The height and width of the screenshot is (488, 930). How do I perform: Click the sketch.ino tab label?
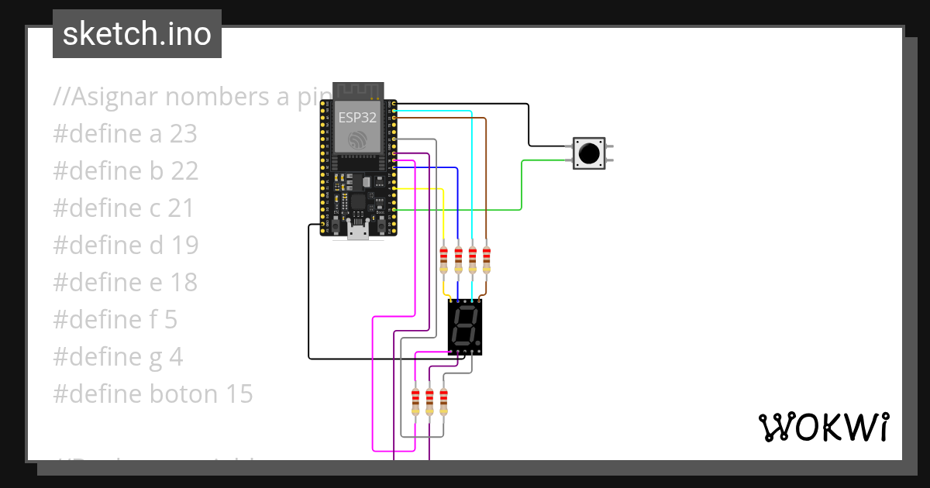click(137, 34)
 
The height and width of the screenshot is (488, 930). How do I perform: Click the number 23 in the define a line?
click(184, 134)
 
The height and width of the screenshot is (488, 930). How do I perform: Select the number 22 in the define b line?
click(184, 171)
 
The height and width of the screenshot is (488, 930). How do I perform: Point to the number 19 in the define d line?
click(184, 246)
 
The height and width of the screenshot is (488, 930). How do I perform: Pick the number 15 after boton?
click(239, 394)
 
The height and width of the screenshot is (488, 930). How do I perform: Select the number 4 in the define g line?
click(176, 357)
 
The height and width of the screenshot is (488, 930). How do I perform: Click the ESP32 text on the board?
click(357, 118)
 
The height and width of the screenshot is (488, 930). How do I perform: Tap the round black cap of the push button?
click(590, 153)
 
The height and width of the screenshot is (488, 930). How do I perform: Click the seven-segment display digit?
click(466, 327)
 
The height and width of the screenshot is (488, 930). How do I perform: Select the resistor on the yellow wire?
click(443, 260)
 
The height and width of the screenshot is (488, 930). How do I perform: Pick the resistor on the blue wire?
click(457, 260)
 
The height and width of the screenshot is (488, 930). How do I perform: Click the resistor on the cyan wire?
click(472, 260)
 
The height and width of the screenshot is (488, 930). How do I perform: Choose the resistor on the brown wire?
click(486, 260)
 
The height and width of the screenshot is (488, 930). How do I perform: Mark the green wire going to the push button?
click(522, 186)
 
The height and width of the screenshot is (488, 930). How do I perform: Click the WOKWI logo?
click(823, 428)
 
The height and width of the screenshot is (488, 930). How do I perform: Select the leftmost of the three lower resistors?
click(415, 401)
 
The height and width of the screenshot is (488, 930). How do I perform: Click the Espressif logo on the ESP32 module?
click(357, 140)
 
